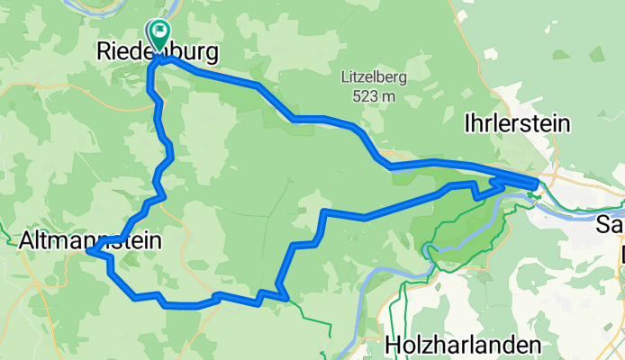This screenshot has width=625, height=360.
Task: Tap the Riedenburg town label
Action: tap(157, 53)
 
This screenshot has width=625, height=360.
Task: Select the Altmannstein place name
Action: tap(90, 240)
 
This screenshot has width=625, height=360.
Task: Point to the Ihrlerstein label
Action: tap(516, 123)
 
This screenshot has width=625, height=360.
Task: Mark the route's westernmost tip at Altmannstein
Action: tap(88, 253)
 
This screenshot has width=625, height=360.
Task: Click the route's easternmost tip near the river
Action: tap(539, 184)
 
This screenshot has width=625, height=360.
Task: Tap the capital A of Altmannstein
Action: tap(26, 240)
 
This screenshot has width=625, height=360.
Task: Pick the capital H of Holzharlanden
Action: tap(391, 344)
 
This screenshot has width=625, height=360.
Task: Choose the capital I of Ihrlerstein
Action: tap(466, 123)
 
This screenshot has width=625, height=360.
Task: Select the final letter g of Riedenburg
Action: tap(211, 55)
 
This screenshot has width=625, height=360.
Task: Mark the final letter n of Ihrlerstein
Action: tap(564, 123)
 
